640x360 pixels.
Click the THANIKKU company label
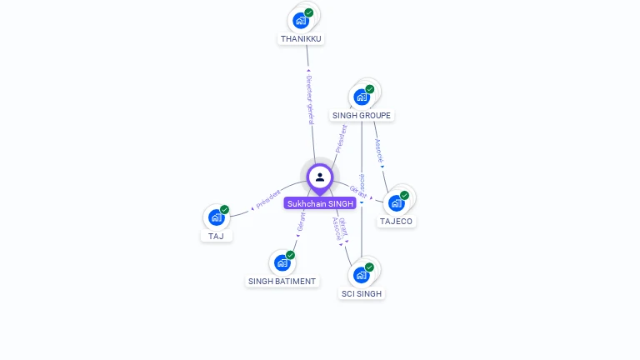pos(301,39)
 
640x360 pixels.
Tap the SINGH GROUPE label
pos(361,116)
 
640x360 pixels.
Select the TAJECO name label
pos(396,222)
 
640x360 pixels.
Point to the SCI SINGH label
pos(362,294)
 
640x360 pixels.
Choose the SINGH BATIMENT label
pos(282,282)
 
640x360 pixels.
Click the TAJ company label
pos(217,237)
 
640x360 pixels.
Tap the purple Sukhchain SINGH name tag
pos(320,203)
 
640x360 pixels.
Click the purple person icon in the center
pos(320,177)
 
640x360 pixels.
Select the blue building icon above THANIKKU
pos(301,20)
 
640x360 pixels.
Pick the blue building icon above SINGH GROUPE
pos(362,97)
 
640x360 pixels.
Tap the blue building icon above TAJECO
pos(397,202)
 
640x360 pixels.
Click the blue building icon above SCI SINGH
pos(362,275)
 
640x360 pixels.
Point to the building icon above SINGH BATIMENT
pos(282,262)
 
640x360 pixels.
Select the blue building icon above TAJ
pos(217,217)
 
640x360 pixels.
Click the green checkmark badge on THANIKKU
pos(309,12)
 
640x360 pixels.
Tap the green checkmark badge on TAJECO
pos(404,195)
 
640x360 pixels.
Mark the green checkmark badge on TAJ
pos(224,210)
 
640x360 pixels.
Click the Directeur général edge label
pos(309,99)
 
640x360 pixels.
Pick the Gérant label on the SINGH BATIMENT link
pos(302,222)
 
